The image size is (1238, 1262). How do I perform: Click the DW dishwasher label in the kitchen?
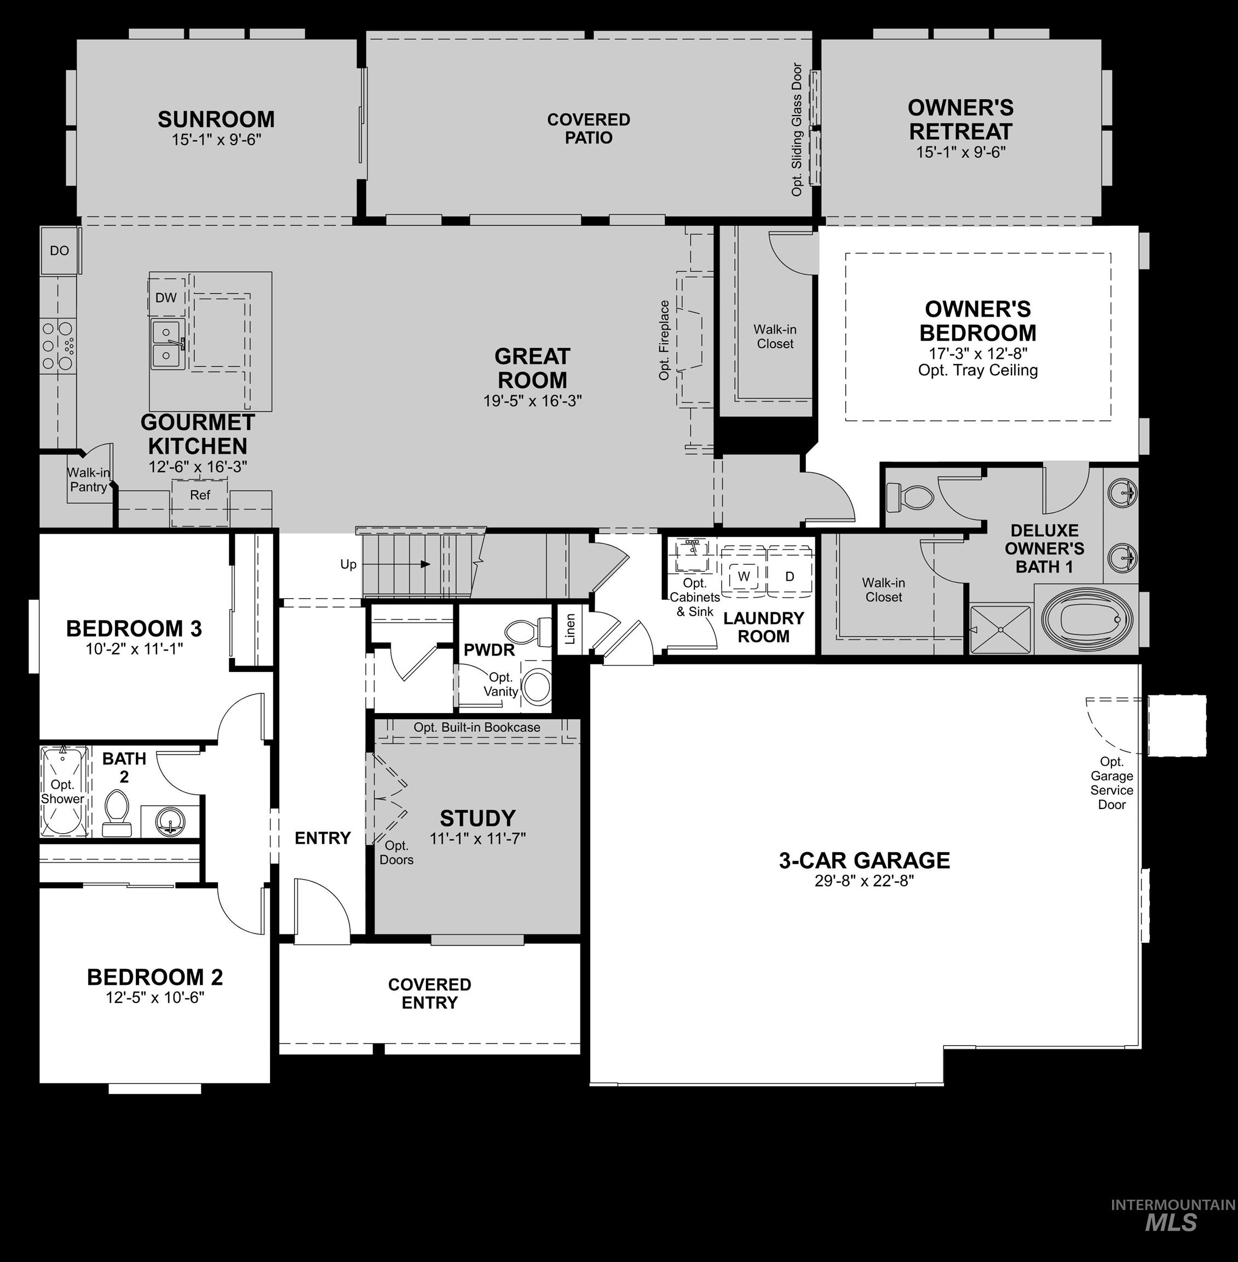click(x=166, y=298)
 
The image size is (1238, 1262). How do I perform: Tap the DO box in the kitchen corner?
click(x=59, y=250)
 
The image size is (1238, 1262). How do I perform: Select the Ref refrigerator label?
click(x=200, y=495)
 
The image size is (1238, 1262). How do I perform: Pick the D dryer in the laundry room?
click(x=790, y=576)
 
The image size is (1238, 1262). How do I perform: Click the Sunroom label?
click(x=216, y=120)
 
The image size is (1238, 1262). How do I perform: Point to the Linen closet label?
click(x=570, y=629)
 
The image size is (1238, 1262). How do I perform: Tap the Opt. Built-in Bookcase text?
click(x=476, y=727)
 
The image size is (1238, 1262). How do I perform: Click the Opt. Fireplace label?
click(x=664, y=340)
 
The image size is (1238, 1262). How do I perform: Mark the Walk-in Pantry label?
click(x=89, y=479)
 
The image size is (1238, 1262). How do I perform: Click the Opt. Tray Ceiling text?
click(x=977, y=370)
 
